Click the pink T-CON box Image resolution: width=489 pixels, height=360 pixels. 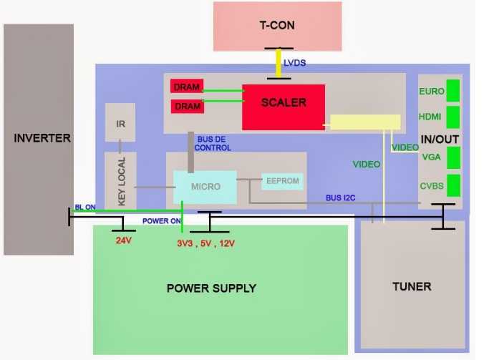point(277,26)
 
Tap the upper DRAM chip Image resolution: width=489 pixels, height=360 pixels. point(186,87)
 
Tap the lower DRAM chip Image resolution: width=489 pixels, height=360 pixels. point(186,107)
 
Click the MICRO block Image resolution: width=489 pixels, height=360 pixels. point(205,187)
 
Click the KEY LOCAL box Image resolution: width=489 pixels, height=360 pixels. point(120,181)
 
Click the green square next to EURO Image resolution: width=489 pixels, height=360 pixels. point(453,92)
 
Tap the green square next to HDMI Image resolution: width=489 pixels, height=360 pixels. point(453,116)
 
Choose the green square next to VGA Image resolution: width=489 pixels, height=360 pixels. point(453,156)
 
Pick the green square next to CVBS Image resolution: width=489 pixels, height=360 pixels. point(453,187)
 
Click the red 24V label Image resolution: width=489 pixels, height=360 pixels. point(125,240)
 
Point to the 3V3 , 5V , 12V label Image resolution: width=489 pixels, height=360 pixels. point(205,243)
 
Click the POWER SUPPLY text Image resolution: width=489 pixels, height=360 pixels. point(211,288)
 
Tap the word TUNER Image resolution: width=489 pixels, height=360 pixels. point(412,286)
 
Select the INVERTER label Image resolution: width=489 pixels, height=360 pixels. point(42,137)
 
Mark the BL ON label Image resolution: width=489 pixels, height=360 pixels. point(86,207)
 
